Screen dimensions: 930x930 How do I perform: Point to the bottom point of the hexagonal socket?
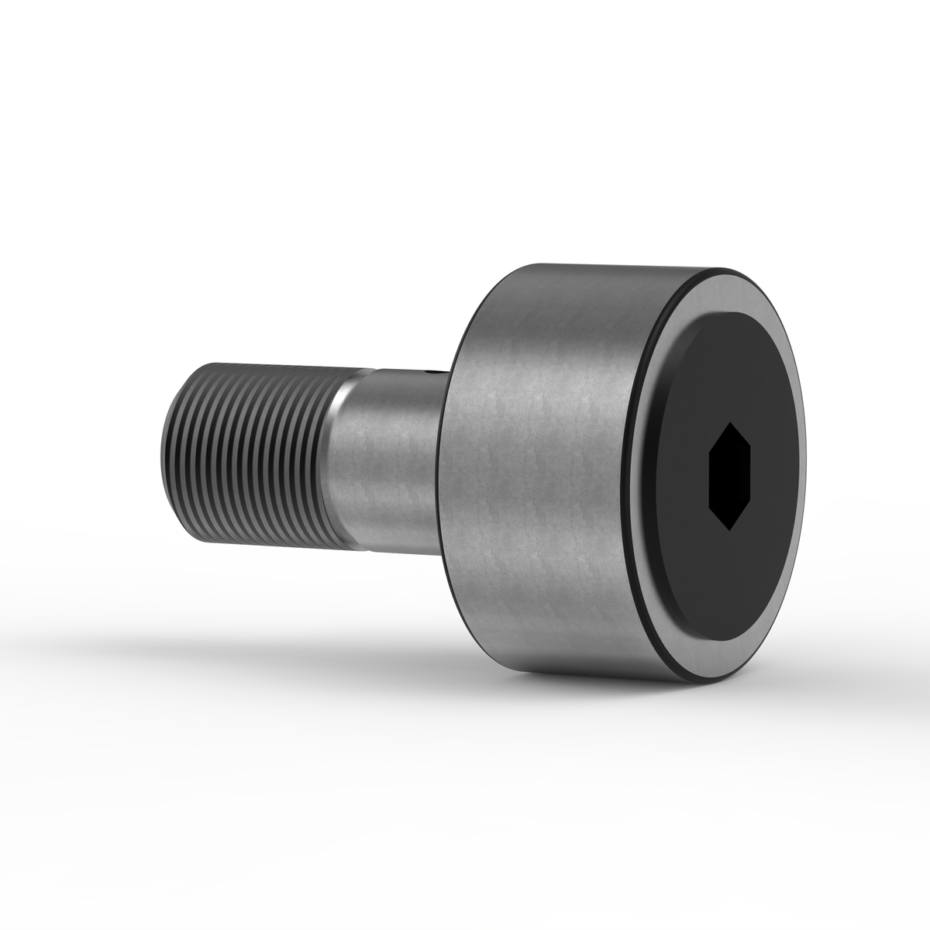(x=731, y=529)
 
